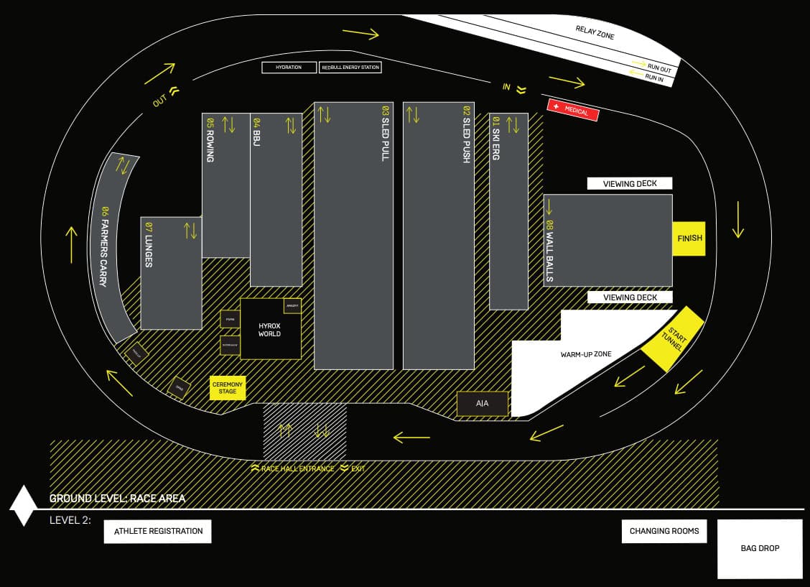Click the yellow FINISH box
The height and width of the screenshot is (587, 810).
(x=689, y=239)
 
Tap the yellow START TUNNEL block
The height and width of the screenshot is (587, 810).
(x=672, y=338)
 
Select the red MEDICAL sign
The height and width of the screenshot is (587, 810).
(x=573, y=110)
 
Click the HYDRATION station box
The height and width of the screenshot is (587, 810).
(x=289, y=68)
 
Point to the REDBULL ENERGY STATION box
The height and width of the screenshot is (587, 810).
(x=350, y=68)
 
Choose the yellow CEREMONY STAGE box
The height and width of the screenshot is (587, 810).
(x=228, y=388)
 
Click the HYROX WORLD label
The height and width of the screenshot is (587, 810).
(x=269, y=330)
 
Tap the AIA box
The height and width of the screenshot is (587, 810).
(x=483, y=404)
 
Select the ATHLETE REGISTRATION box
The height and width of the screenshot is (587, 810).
(x=158, y=532)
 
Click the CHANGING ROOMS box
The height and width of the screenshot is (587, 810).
(x=664, y=532)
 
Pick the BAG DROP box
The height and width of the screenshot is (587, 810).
(x=760, y=549)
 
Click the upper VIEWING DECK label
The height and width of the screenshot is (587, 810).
(x=630, y=184)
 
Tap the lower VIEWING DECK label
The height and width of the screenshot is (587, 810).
(x=630, y=297)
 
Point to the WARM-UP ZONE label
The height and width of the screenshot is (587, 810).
(x=586, y=355)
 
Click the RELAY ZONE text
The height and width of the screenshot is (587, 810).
(x=595, y=32)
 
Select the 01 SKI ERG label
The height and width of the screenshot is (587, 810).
(x=496, y=137)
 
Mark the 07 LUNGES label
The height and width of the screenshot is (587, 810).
(x=149, y=245)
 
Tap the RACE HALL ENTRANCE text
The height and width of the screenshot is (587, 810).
(x=298, y=468)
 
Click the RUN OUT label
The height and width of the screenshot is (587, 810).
(x=658, y=68)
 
